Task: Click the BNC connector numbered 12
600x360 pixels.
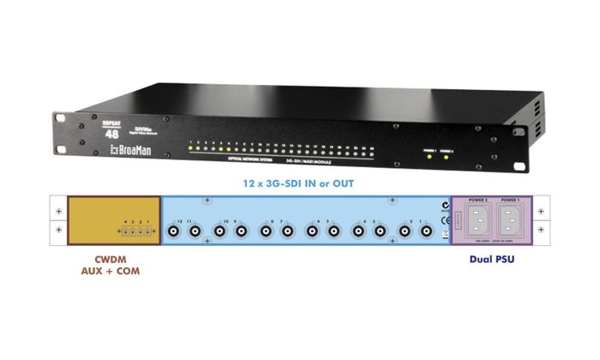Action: [174, 231]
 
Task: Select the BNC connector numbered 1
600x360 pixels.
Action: [426, 231]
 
